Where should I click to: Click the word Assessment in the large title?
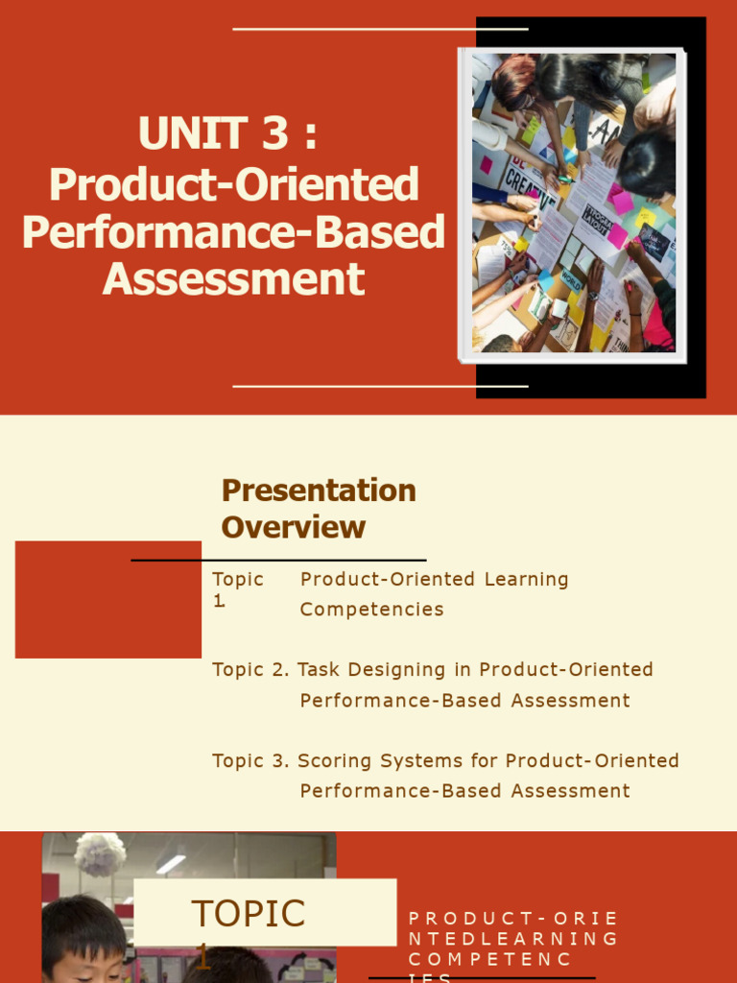233,279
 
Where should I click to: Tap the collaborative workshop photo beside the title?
573,204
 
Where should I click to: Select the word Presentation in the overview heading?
319,491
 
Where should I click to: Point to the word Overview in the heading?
293,527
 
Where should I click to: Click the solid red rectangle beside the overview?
107,600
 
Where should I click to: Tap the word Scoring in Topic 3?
335,761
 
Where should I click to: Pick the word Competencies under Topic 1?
371,610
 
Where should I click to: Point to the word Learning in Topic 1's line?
526,580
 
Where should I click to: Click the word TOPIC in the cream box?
248,914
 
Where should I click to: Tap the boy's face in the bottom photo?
84,949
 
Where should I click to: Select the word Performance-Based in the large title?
233,232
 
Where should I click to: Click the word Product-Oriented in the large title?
233,184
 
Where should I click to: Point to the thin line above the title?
380,30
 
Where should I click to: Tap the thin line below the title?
380,387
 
